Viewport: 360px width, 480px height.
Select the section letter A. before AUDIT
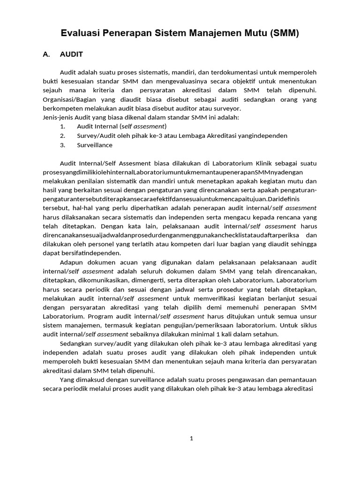tap(46, 54)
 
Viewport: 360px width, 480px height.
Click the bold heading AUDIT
tap(71, 54)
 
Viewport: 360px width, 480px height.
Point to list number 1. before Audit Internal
tap(62, 127)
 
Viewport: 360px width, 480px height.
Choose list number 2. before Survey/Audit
tap(62, 135)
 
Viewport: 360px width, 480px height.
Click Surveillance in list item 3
tap(95, 145)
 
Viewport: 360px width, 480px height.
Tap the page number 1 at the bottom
tap(191, 439)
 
